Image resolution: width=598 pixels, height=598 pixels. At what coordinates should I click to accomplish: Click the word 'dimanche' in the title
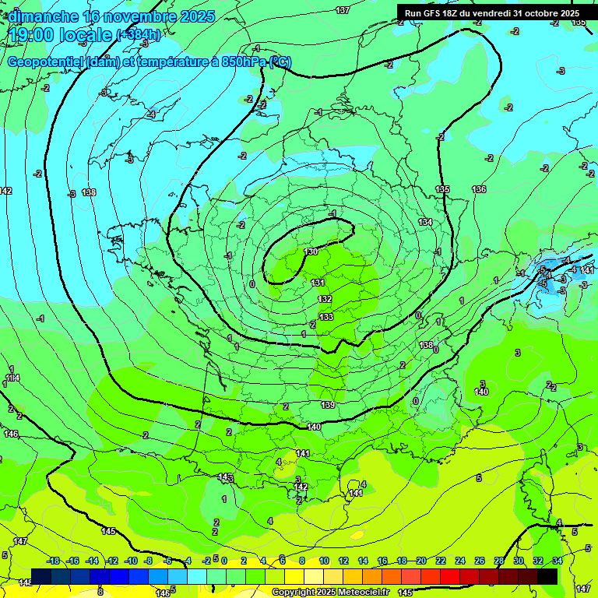coord(44,17)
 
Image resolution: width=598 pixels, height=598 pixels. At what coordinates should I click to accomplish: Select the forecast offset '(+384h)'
coord(139,35)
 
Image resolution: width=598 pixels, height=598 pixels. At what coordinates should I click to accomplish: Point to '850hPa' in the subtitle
coord(241,62)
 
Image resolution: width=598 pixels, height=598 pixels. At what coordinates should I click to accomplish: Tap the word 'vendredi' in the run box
coord(490,13)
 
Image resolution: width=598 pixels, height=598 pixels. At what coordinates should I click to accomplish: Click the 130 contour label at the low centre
coord(311,252)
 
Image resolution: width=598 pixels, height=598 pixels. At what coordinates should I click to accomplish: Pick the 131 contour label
coord(318,283)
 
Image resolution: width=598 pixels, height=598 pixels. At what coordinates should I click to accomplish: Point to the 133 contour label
coord(326,317)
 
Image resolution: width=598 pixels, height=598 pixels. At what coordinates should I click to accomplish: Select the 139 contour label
coord(328,405)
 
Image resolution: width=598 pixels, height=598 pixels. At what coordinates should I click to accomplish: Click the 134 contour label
coord(425,222)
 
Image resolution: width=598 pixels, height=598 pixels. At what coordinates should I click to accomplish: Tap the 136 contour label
coord(479,189)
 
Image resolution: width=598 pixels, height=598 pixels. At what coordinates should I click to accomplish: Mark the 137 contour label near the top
coord(343,10)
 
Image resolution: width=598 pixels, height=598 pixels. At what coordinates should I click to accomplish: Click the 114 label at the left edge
coord(12,378)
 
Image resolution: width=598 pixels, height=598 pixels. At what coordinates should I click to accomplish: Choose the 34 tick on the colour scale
coord(558,561)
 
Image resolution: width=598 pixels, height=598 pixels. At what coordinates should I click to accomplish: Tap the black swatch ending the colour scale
coord(547,575)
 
